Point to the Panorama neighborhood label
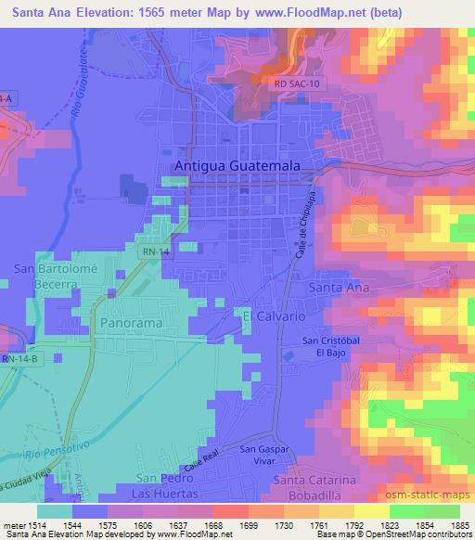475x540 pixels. [130, 321]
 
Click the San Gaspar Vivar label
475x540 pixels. [260, 455]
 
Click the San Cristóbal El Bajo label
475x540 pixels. [330, 347]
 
